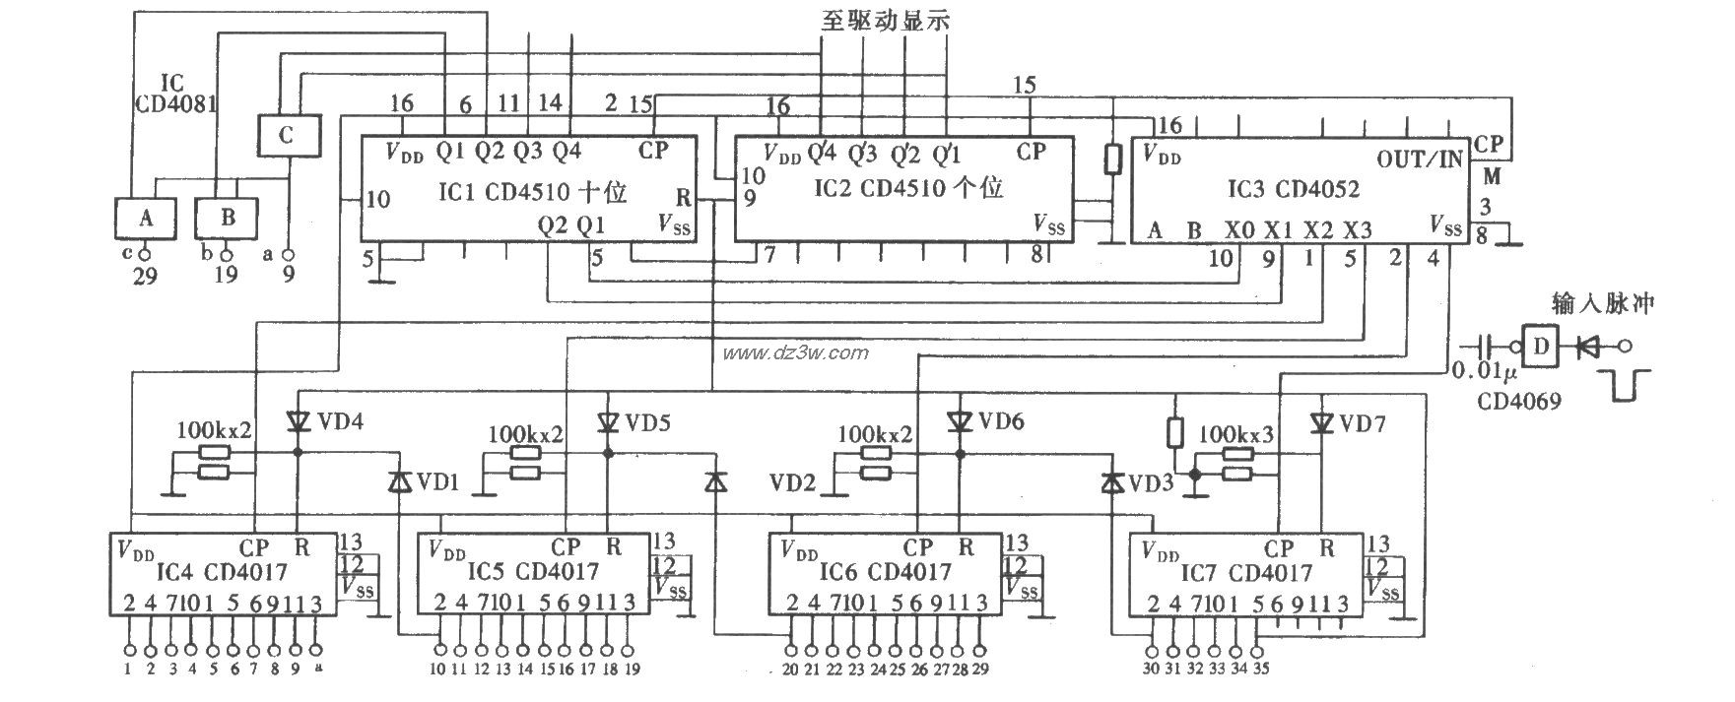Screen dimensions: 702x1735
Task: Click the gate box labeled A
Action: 145,218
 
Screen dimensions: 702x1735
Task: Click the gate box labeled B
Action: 227,218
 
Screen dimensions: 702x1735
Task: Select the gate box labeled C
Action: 286,136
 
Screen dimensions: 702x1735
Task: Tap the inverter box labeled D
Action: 1543,346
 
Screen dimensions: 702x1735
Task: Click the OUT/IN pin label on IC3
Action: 1420,160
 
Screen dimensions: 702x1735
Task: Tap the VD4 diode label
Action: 341,422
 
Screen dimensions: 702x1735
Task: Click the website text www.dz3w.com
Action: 795,352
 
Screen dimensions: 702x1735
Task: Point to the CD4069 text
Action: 1517,401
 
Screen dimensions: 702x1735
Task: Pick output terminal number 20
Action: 790,669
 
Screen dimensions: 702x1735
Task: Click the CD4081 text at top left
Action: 176,101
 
